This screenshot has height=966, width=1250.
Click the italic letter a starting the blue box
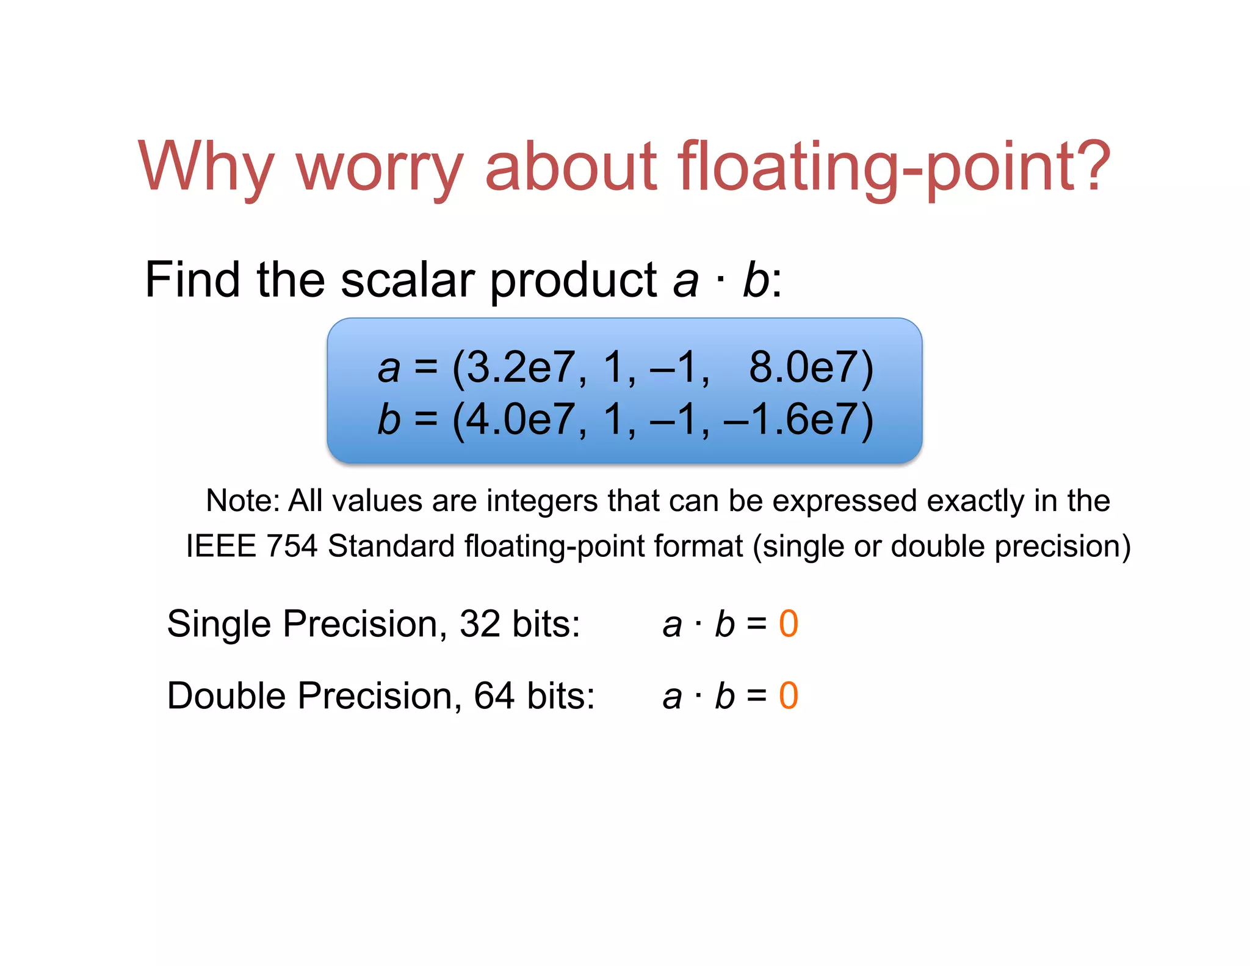tap(389, 369)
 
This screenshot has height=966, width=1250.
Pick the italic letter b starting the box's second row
tap(389, 420)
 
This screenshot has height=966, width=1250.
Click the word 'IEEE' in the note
tap(221, 546)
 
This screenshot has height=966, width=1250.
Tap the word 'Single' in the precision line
tap(219, 624)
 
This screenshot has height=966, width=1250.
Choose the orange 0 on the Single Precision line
tap(789, 624)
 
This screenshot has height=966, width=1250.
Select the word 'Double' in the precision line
tap(226, 696)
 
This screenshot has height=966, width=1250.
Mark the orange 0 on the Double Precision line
tap(789, 696)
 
